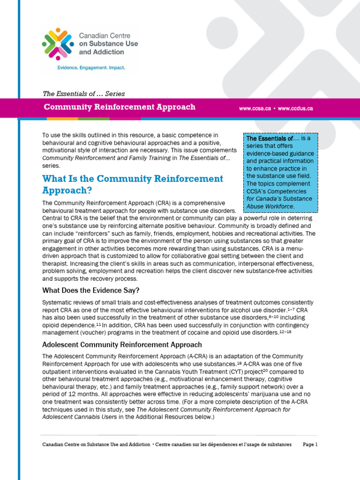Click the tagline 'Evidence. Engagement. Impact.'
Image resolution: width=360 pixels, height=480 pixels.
(x=91, y=68)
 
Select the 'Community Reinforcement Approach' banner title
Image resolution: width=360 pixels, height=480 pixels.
(x=120, y=107)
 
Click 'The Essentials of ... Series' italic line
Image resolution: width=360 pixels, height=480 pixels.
(x=83, y=94)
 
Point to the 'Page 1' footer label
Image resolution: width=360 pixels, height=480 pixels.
(x=310, y=444)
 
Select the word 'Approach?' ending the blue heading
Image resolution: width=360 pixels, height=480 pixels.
(x=67, y=191)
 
